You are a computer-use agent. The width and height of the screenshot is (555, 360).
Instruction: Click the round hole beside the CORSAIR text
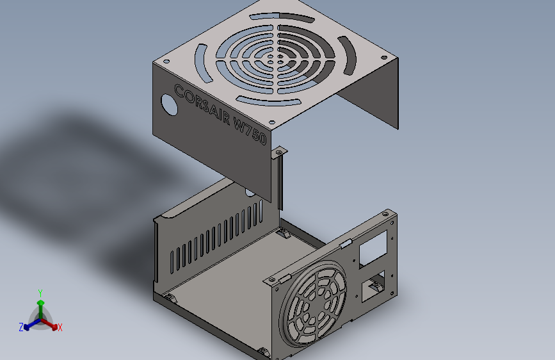169,104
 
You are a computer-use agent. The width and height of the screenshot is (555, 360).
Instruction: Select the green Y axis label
40,293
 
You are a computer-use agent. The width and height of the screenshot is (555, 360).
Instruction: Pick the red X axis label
60,327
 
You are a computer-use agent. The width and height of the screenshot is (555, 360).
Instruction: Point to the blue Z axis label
21,327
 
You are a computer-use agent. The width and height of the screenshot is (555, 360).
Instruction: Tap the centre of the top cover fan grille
275,59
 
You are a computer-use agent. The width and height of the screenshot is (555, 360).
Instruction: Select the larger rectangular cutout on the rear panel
373,249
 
